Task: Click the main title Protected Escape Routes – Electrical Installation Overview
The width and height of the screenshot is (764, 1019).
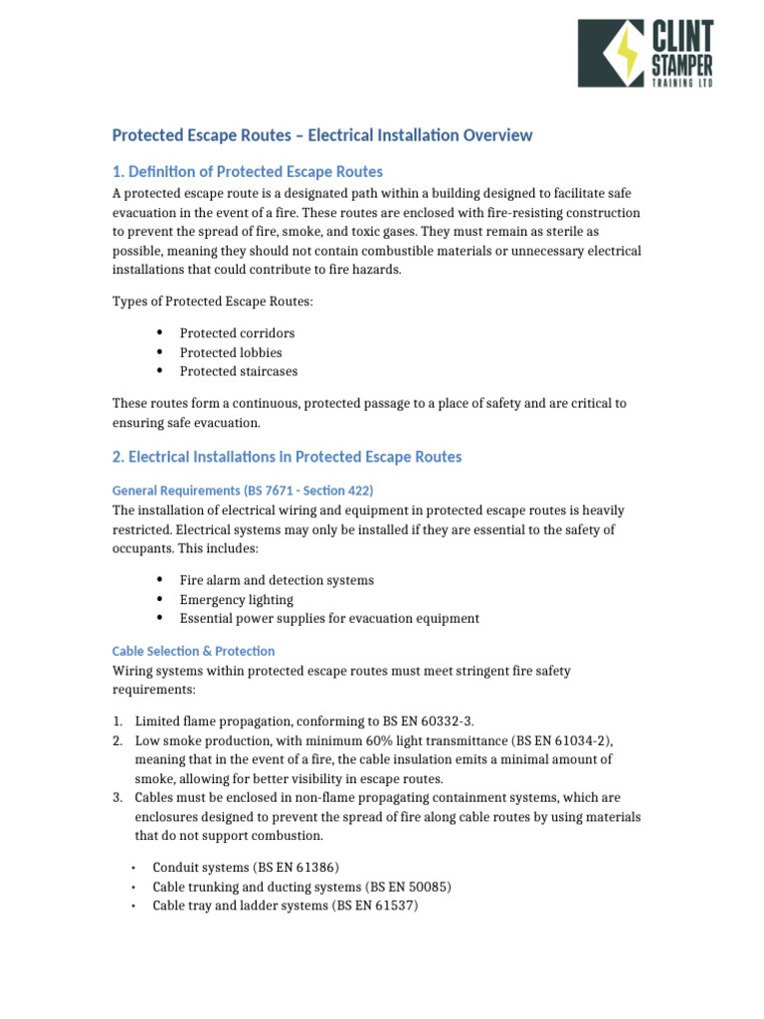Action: pyautogui.click(x=321, y=135)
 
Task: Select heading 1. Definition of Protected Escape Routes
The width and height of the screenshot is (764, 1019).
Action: pyautogui.click(x=247, y=171)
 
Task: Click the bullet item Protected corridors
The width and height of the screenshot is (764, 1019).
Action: pyautogui.click(x=237, y=333)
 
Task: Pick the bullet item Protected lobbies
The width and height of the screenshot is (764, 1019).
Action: pyautogui.click(x=231, y=352)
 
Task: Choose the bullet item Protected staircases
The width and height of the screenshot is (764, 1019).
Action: pyautogui.click(x=238, y=371)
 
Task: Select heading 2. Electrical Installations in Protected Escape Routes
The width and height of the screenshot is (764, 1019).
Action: pyautogui.click(x=286, y=457)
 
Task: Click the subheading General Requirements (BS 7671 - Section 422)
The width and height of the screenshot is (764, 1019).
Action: pyautogui.click(x=242, y=491)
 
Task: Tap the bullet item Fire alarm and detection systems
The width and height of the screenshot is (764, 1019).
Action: pyautogui.click(x=277, y=580)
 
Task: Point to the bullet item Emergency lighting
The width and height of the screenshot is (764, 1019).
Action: pyautogui.click(x=236, y=599)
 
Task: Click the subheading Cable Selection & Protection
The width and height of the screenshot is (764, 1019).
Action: pyautogui.click(x=193, y=651)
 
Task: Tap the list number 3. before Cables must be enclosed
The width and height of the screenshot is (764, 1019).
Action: pyautogui.click(x=117, y=797)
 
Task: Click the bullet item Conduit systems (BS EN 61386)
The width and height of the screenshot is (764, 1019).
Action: pyautogui.click(x=246, y=867)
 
